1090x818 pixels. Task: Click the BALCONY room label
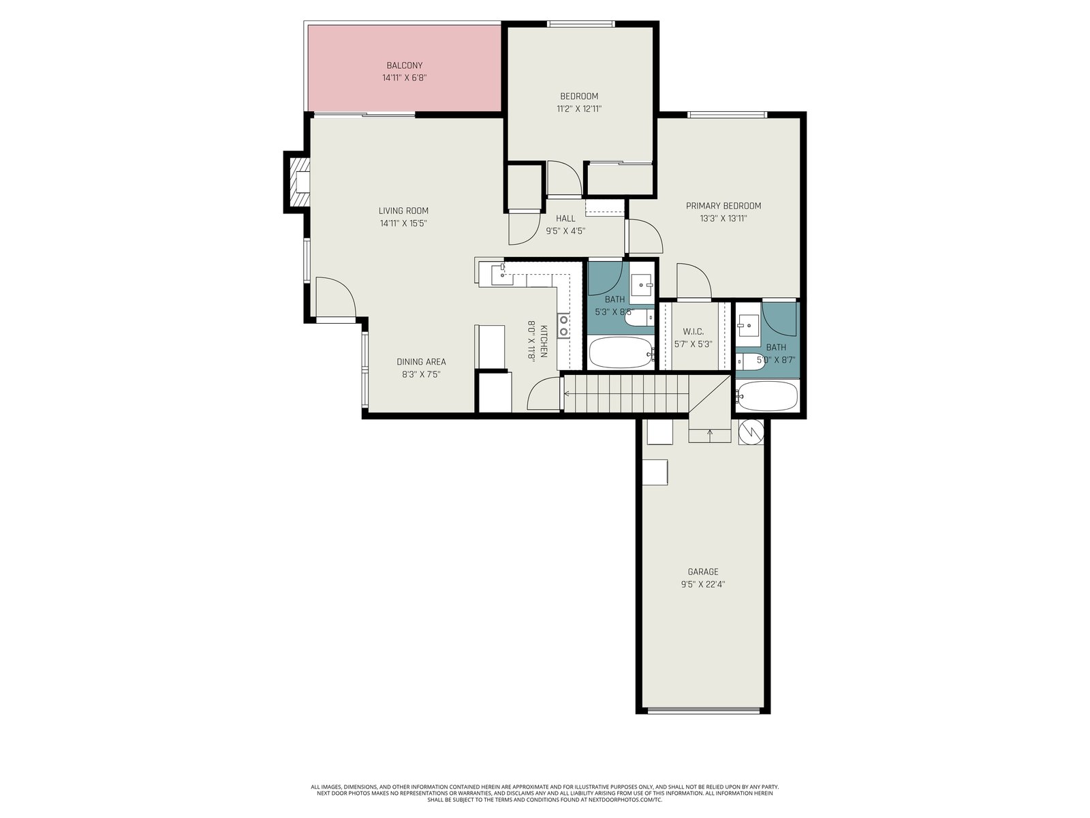tap(404, 65)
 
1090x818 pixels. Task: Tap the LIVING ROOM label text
tap(403, 211)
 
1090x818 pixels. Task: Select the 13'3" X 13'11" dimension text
tap(723, 219)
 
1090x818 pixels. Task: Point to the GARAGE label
tap(702, 572)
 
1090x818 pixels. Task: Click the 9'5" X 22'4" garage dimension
tap(702, 585)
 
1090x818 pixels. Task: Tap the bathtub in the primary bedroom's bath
tap(766, 396)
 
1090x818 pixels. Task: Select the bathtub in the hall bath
tap(621, 352)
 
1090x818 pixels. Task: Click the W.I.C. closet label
tap(693, 331)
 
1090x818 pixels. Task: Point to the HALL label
tap(565, 219)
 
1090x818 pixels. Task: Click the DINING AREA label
tap(421, 362)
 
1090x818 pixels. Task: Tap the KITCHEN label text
tap(543, 342)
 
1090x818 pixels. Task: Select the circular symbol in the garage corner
tap(751, 431)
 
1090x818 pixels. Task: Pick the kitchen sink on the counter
tap(502, 275)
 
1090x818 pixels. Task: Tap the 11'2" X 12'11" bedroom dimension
tap(579, 109)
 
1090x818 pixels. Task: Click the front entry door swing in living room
tap(336, 297)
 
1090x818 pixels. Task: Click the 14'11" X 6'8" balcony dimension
tap(404, 78)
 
